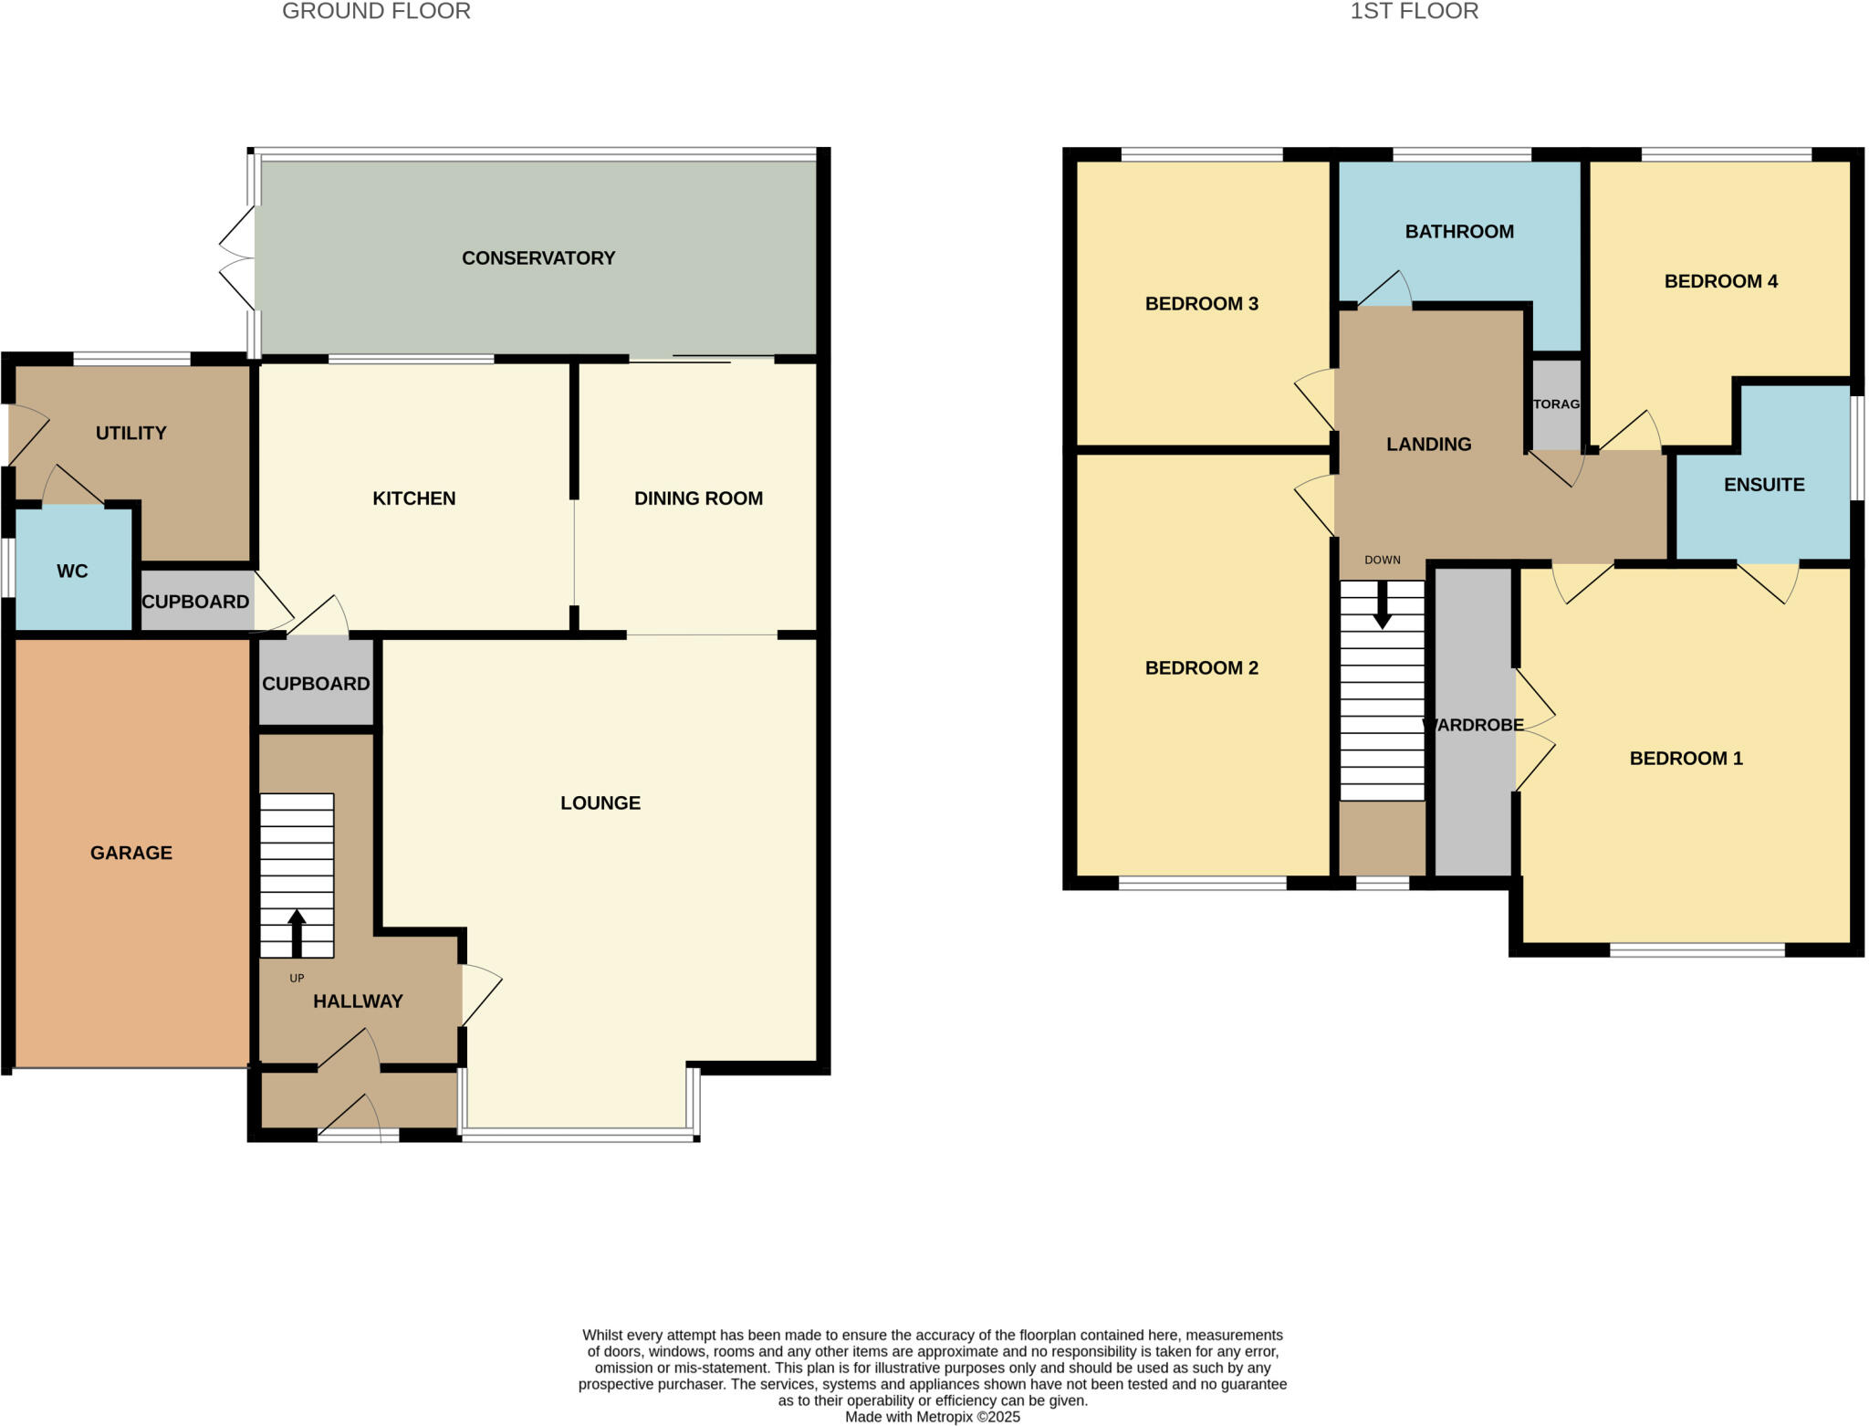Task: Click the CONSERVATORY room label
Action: tap(538, 258)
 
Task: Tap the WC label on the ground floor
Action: tap(72, 571)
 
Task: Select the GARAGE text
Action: tap(131, 853)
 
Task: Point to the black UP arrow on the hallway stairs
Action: tap(297, 931)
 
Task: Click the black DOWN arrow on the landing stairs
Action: tap(1383, 606)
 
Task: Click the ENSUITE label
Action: tap(1763, 485)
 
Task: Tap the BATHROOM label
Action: tap(1458, 232)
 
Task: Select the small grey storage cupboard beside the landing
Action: tap(1555, 404)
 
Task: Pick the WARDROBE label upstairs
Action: tap(1473, 725)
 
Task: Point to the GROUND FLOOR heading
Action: tap(376, 12)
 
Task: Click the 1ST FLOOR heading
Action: tap(1414, 12)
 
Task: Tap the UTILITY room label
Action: tap(131, 433)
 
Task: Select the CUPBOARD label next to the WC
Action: tap(195, 602)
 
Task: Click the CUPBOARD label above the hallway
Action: tap(316, 684)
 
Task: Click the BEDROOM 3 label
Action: tap(1201, 304)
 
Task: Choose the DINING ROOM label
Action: tap(698, 498)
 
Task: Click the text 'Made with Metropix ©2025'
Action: tap(932, 1417)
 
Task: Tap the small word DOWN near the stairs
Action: tap(1382, 560)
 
